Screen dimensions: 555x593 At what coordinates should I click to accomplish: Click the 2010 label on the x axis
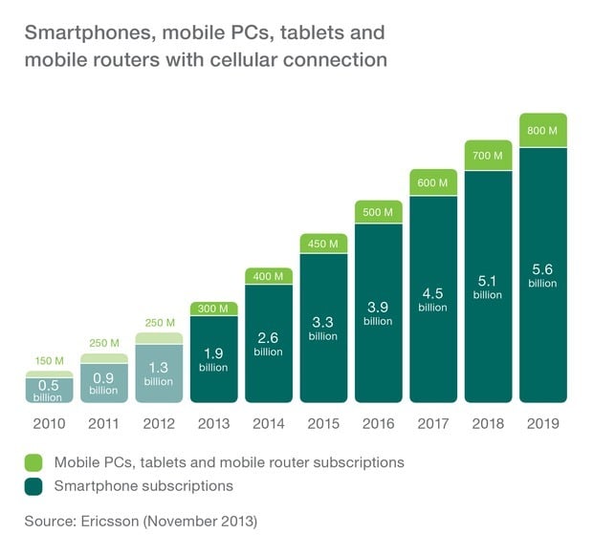click(48, 423)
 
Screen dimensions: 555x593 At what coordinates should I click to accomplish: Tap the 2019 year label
click(541, 423)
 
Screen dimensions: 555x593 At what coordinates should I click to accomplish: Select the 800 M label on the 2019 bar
click(541, 130)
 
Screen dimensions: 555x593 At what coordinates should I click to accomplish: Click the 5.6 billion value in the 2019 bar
click(541, 277)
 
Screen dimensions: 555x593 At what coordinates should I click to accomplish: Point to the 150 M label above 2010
click(48, 361)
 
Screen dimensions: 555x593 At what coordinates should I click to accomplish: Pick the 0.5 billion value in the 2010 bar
click(48, 390)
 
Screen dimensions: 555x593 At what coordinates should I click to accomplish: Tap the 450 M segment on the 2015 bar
click(322, 244)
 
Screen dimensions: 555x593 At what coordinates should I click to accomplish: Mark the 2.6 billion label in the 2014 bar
click(268, 345)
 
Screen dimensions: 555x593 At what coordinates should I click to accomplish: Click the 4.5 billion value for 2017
click(432, 300)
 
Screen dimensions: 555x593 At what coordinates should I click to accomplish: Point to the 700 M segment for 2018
click(487, 154)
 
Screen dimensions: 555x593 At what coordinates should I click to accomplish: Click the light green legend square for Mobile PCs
click(34, 462)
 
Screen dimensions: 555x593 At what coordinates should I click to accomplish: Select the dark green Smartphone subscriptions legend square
click(34, 485)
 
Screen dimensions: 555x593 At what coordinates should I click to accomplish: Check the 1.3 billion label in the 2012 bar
click(158, 374)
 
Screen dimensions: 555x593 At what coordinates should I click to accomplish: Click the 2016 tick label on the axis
click(377, 423)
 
